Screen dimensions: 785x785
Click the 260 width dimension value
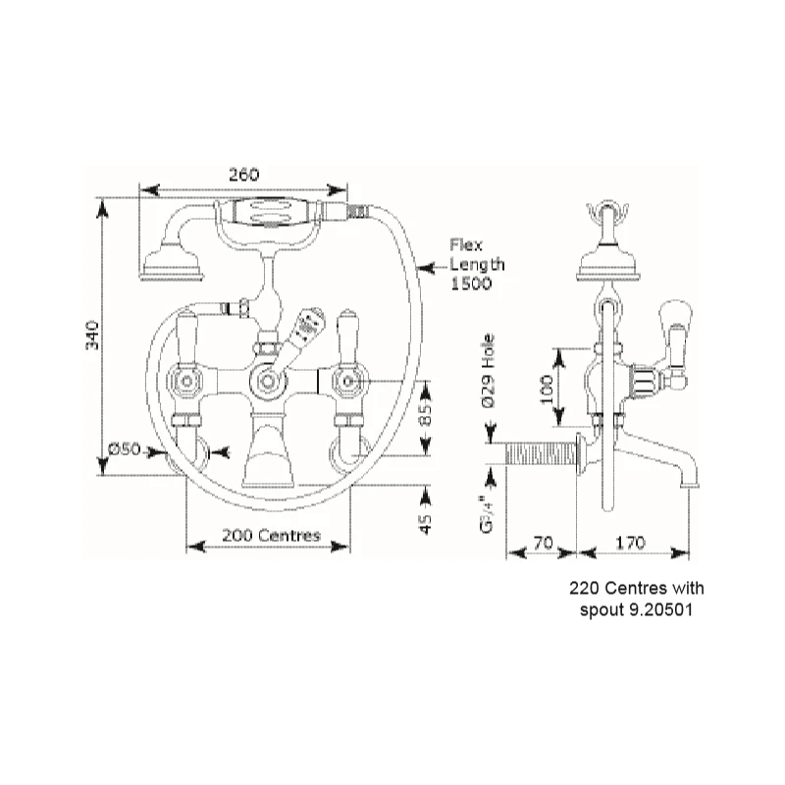pyautogui.click(x=243, y=174)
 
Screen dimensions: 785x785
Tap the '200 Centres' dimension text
pyautogui.click(x=271, y=536)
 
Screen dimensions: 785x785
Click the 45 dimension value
pyautogui.click(x=425, y=524)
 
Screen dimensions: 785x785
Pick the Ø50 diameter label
pyautogui.click(x=125, y=448)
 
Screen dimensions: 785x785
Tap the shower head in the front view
pyautogui.click(x=173, y=264)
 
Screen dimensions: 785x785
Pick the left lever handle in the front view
pyautogui.click(x=187, y=339)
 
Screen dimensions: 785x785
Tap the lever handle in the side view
pyautogui.click(x=674, y=329)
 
